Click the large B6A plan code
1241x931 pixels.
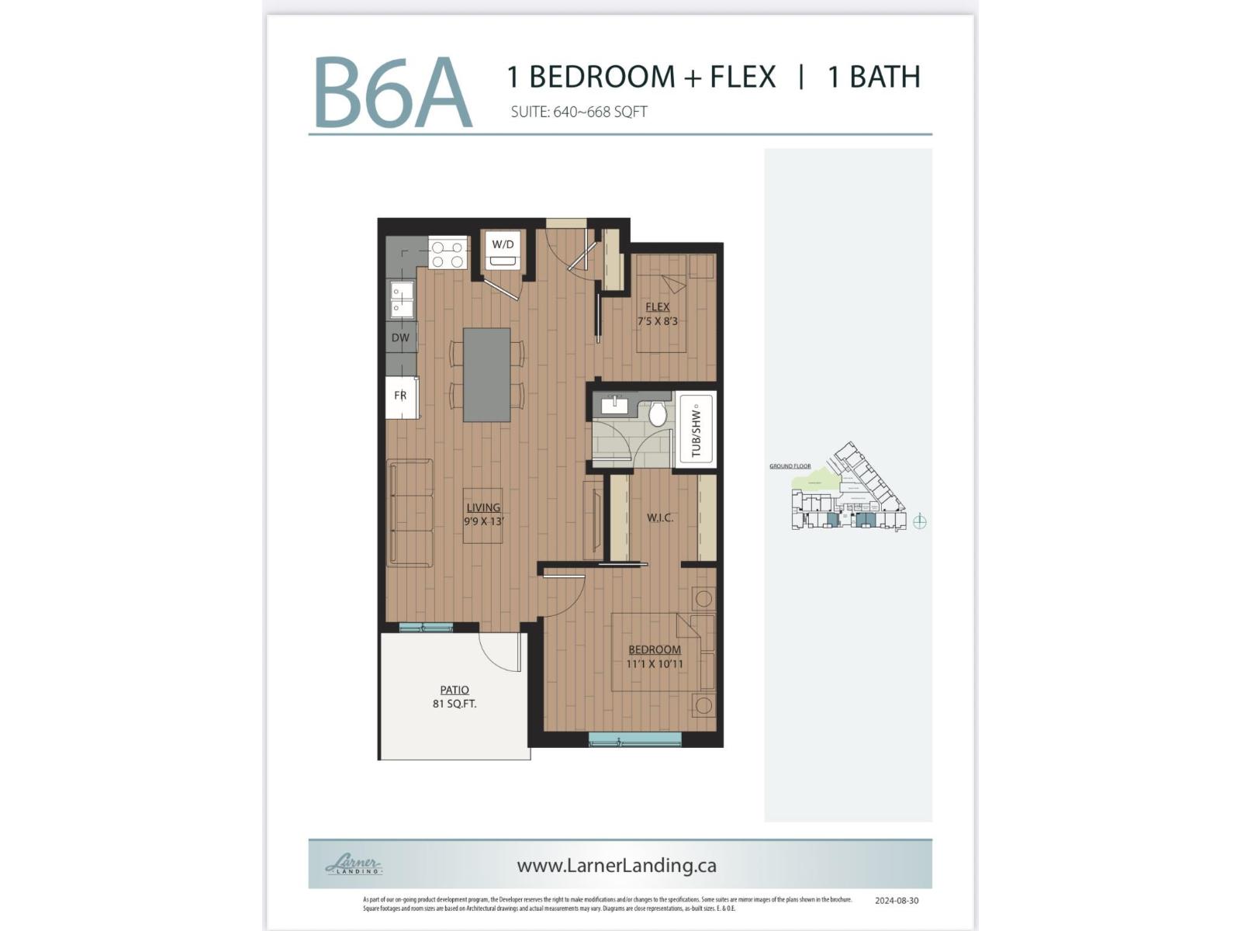[392, 93]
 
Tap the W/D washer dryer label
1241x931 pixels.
[503, 244]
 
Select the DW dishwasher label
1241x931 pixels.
[400, 337]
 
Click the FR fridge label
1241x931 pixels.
[400, 396]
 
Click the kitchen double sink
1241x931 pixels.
[402, 300]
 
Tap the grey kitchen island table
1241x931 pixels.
[486, 375]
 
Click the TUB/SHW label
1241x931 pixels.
[696, 431]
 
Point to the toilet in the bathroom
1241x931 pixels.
[658, 414]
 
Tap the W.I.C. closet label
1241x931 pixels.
[660, 517]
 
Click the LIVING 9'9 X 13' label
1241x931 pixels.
[483, 514]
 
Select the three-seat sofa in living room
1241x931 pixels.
[410, 512]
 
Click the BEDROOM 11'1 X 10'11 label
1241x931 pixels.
[655, 656]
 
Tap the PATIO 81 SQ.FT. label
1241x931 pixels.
[455, 697]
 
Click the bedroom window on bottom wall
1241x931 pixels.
[634, 739]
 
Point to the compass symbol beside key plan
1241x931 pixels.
[919, 521]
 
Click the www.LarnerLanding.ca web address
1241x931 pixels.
[616, 865]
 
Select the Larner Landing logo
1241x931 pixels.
[354, 864]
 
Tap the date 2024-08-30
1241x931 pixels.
[896, 901]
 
